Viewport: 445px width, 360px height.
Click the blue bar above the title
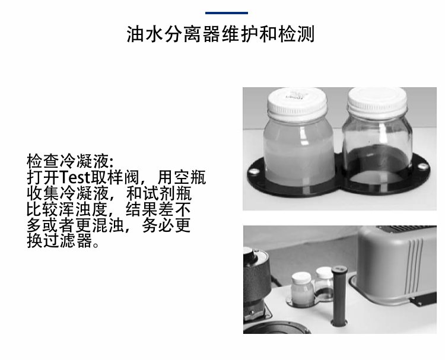click(227, 13)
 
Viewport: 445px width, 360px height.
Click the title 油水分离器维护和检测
click(221, 34)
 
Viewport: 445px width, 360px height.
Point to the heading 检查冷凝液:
click(70, 161)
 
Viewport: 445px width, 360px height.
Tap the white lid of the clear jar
click(377, 100)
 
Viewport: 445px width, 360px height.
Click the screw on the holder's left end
click(253, 171)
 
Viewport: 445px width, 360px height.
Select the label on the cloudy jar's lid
click(296, 95)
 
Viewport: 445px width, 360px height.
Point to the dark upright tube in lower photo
click(339, 295)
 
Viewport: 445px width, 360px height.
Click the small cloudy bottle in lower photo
click(302, 289)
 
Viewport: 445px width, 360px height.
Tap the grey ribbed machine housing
click(396, 264)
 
